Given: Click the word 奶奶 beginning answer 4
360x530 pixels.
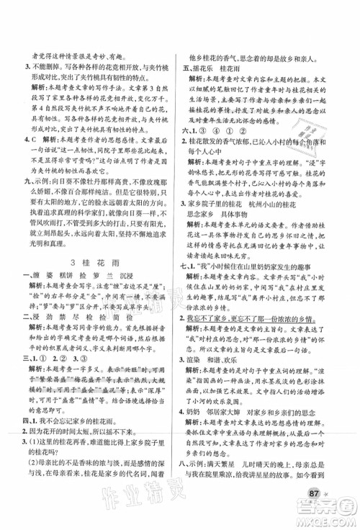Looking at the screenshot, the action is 206,447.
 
